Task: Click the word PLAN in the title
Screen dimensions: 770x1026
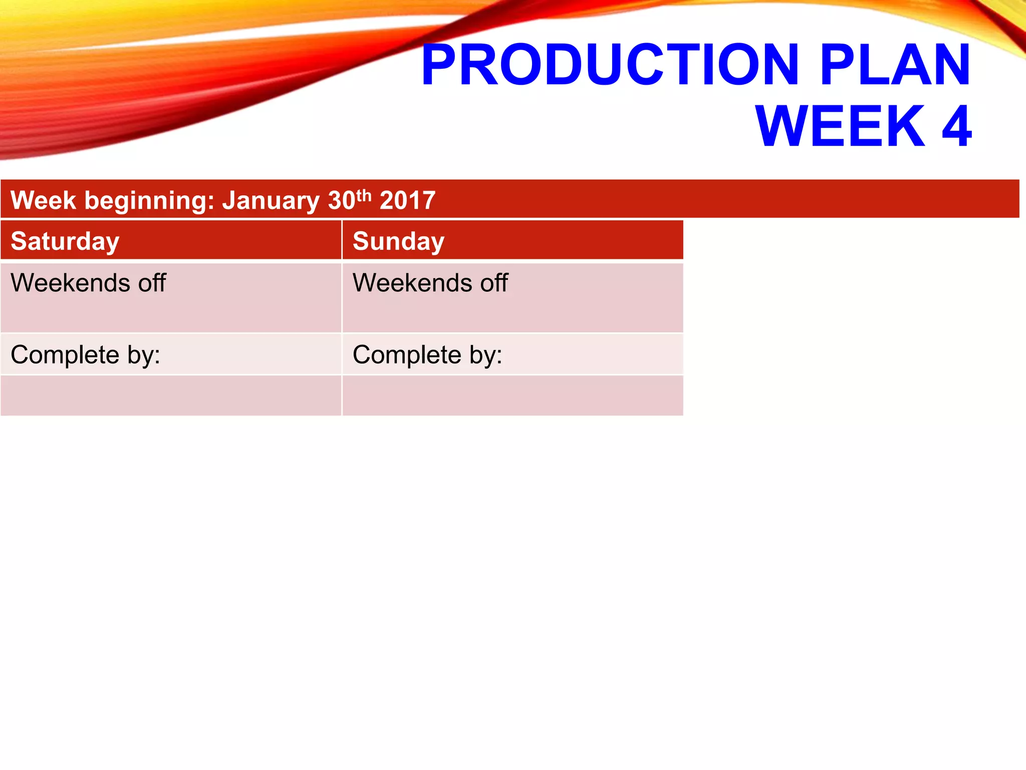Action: coord(895,65)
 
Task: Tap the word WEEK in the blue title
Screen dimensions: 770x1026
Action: coord(840,126)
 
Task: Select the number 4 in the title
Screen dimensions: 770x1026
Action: coord(956,126)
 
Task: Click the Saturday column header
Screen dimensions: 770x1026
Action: coord(65,241)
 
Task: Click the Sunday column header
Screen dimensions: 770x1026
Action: coord(398,241)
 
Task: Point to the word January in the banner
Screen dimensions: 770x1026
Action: coord(271,201)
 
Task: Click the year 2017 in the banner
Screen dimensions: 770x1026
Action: coord(407,201)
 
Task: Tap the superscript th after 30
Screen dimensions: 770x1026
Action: coord(364,195)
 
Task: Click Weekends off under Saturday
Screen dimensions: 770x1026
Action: coord(88,283)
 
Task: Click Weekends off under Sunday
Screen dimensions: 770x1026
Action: coord(430,283)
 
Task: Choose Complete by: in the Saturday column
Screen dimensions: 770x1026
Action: coord(85,355)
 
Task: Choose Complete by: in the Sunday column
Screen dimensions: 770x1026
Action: coord(427,355)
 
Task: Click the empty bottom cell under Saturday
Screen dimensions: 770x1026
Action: coord(170,396)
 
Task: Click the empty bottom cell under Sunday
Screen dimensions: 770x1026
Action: coord(512,396)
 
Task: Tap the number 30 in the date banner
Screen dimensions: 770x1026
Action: coord(342,201)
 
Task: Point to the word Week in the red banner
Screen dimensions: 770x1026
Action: coord(43,201)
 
